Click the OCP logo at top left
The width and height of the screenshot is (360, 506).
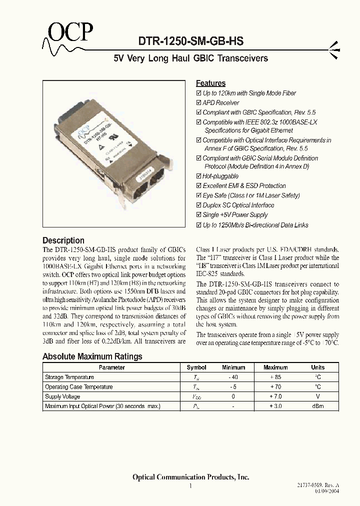coord(69,34)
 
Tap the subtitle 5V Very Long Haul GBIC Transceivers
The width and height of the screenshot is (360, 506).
coord(191,58)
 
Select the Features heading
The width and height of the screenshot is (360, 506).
coord(210,83)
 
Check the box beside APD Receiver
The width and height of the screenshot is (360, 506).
coord(198,103)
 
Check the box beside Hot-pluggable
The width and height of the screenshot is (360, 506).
coord(198,176)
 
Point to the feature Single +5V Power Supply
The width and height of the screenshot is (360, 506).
coord(235,215)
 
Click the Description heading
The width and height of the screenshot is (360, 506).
coord(63,240)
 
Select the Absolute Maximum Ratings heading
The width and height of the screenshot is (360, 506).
coord(92,356)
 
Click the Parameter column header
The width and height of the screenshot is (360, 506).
coord(111,367)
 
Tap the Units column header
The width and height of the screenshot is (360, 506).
coord(317,367)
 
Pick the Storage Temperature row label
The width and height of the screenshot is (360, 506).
coord(69,377)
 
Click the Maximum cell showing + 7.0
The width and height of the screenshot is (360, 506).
coord(275,396)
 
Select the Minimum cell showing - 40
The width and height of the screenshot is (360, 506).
coord(233,377)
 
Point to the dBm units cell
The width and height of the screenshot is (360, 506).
coord(317,406)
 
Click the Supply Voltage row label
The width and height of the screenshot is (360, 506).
coord(62,396)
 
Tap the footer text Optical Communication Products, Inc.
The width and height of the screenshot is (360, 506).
coord(190,477)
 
